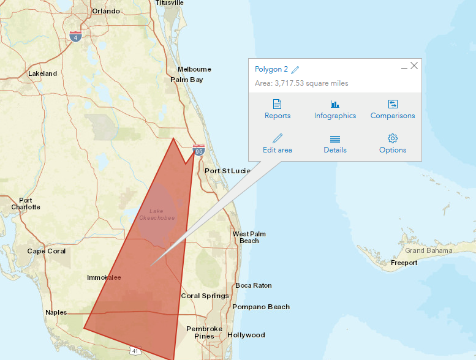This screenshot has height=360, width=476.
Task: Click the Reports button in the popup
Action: [x=278, y=109]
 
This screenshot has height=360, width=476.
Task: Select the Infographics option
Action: [x=334, y=109]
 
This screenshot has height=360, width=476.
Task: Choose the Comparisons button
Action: [x=393, y=109]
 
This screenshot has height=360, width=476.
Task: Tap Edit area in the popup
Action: [x=278, y=143]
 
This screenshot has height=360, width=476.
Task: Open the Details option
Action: [x=334, y=143]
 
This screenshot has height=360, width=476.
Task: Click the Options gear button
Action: [x=393, y=143]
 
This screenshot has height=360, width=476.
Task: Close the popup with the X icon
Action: [x=414, y=66]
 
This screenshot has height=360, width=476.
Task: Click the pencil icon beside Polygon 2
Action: [x=295, y=70]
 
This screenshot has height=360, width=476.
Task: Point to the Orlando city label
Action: [x=106, y=11]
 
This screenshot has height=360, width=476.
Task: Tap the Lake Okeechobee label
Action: [x=157, y=214]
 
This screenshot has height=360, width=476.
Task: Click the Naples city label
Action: [x=56, y=312]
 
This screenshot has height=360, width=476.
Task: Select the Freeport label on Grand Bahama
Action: [x=404, y=263]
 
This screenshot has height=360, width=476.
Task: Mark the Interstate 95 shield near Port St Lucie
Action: [x=198, y=149]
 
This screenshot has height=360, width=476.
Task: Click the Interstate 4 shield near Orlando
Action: [x=75, y=36]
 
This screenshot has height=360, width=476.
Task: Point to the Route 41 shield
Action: [x=134, y=351]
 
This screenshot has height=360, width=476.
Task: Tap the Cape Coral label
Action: [x=47, y=251]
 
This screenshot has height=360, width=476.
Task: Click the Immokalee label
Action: [x=104, y=277]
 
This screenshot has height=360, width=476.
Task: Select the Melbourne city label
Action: [x=194, y=69]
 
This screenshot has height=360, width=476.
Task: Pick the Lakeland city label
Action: [x=42, y=73]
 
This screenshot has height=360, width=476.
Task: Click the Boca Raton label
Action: [x=254, y=285]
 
